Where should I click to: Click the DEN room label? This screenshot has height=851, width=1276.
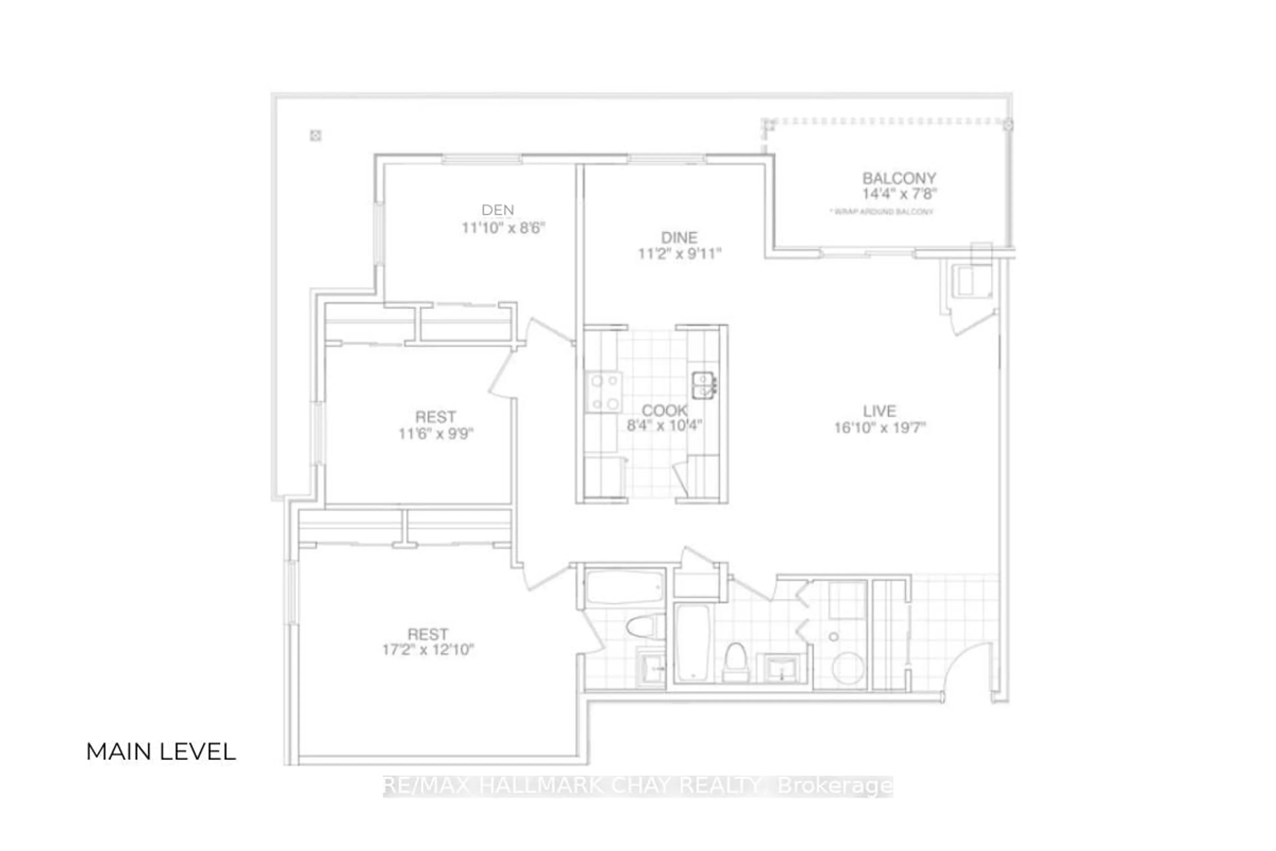(x=497, y=209)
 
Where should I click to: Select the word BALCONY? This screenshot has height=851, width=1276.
(x=899, y=178)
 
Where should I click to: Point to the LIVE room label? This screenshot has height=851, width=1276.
(x=880, y=411)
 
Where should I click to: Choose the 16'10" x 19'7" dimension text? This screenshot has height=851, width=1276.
(x=880, y=428)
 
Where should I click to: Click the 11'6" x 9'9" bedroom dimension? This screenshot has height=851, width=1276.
(x=436, y=433)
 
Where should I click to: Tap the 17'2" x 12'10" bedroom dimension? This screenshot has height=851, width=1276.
(x=428, y=650)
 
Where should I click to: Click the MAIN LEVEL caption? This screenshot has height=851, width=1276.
(x=161, y=752)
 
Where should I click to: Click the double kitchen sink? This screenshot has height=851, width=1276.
(x=703, y=385)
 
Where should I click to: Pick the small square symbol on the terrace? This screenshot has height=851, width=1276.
(x=315, y=135)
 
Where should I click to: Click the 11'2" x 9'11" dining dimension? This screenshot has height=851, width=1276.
(x=679, y=253)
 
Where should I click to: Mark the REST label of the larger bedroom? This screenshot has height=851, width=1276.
(x=428, y=634)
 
